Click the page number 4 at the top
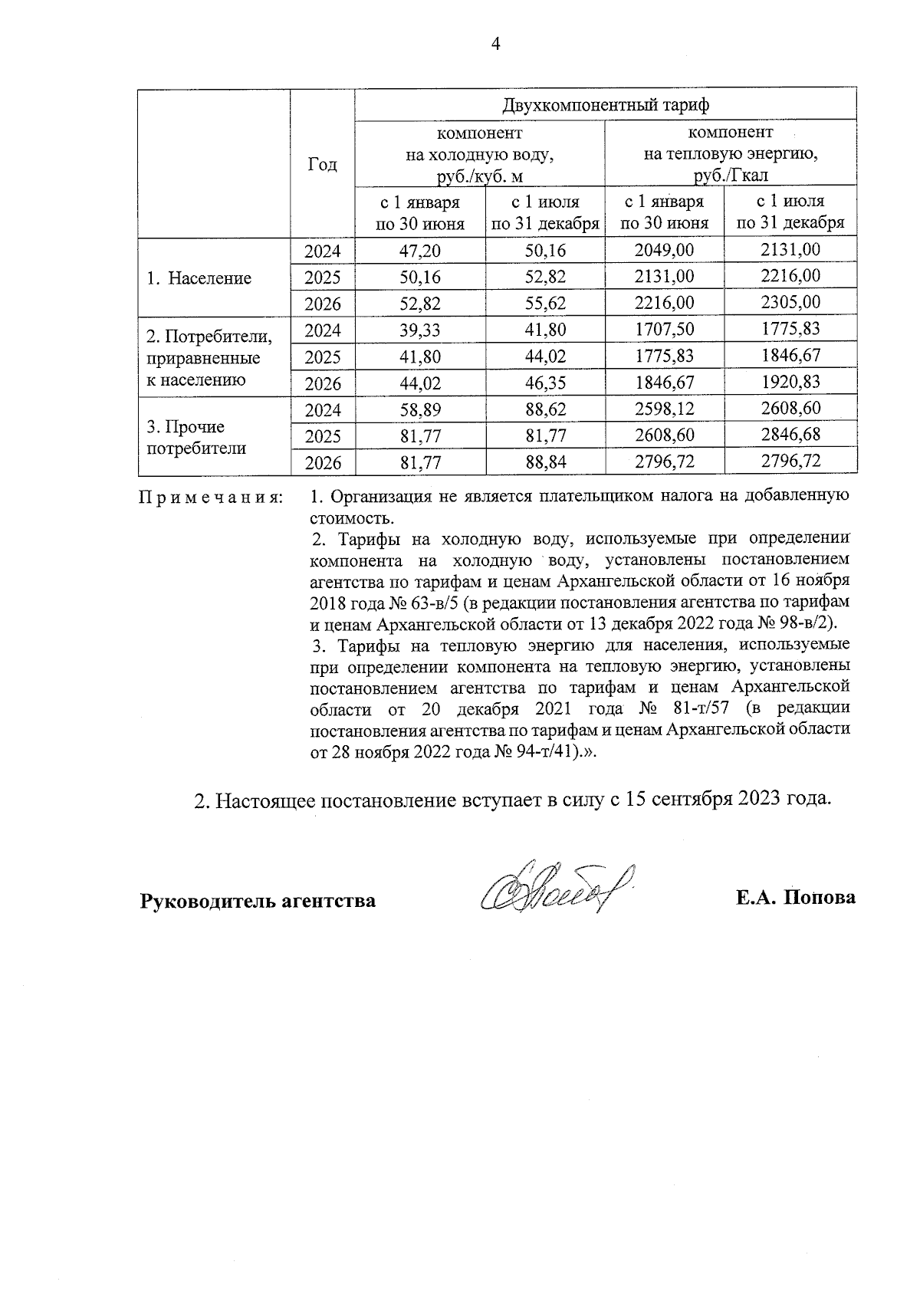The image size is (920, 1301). coord(495,44)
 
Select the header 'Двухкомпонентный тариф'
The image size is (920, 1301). coord(605,104)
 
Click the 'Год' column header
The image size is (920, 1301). coord(322,164)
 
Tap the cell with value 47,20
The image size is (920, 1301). coord(421,251)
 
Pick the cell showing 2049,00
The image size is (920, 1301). coord(665,251)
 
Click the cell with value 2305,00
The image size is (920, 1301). coord(790,302)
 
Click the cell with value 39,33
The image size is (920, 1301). coord(421,330)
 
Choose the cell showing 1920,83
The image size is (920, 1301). coord(790,382)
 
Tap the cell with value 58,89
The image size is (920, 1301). coord(421,410)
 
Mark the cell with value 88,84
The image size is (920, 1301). coord(545,462)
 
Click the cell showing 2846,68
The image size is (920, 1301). coord(790,435)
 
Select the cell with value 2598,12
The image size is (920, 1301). coord(665,409)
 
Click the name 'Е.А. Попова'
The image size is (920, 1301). coord(795,898)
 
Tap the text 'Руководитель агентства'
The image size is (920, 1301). coord(258,900)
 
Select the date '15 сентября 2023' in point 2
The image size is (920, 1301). coord(702,800)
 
